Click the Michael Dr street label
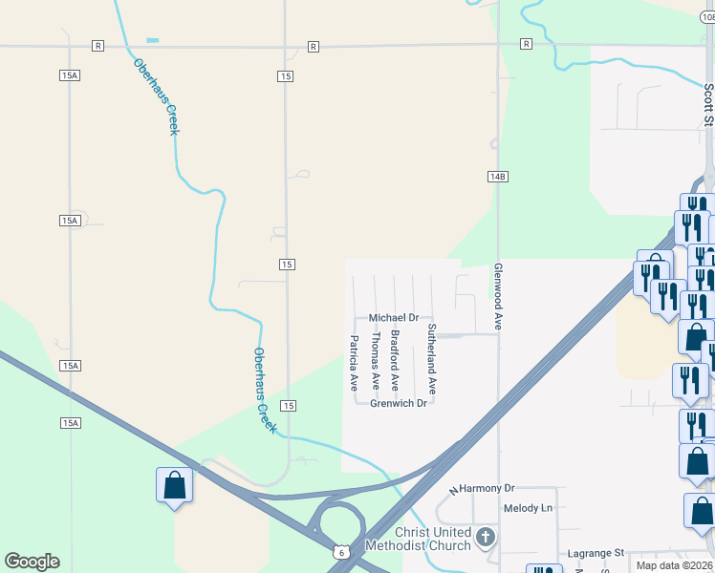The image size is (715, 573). click(x=394, y=317)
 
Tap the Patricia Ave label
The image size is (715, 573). click(x=354, y=363)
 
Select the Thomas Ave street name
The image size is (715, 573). click(x=375, y=361)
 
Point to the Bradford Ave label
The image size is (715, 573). click(x=394, y=361)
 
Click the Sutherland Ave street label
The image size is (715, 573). click(x=432, y=360)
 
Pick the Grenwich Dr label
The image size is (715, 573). click(x=398, y=403)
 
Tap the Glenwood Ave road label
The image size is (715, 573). click(x=498, y=297)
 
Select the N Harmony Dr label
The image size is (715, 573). click(x=482, y=488)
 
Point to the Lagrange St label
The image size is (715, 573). click(x=595, y=553)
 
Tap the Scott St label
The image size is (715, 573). click(x=708, y=104)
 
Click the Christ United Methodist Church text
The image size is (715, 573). click(x=433, y=539)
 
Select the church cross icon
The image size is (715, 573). click(x=486, y=538)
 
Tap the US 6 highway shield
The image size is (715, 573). click(x=340, y=552)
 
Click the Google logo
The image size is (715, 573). click(x=32, y=562)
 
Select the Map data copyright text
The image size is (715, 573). click(x=674, y=565)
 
